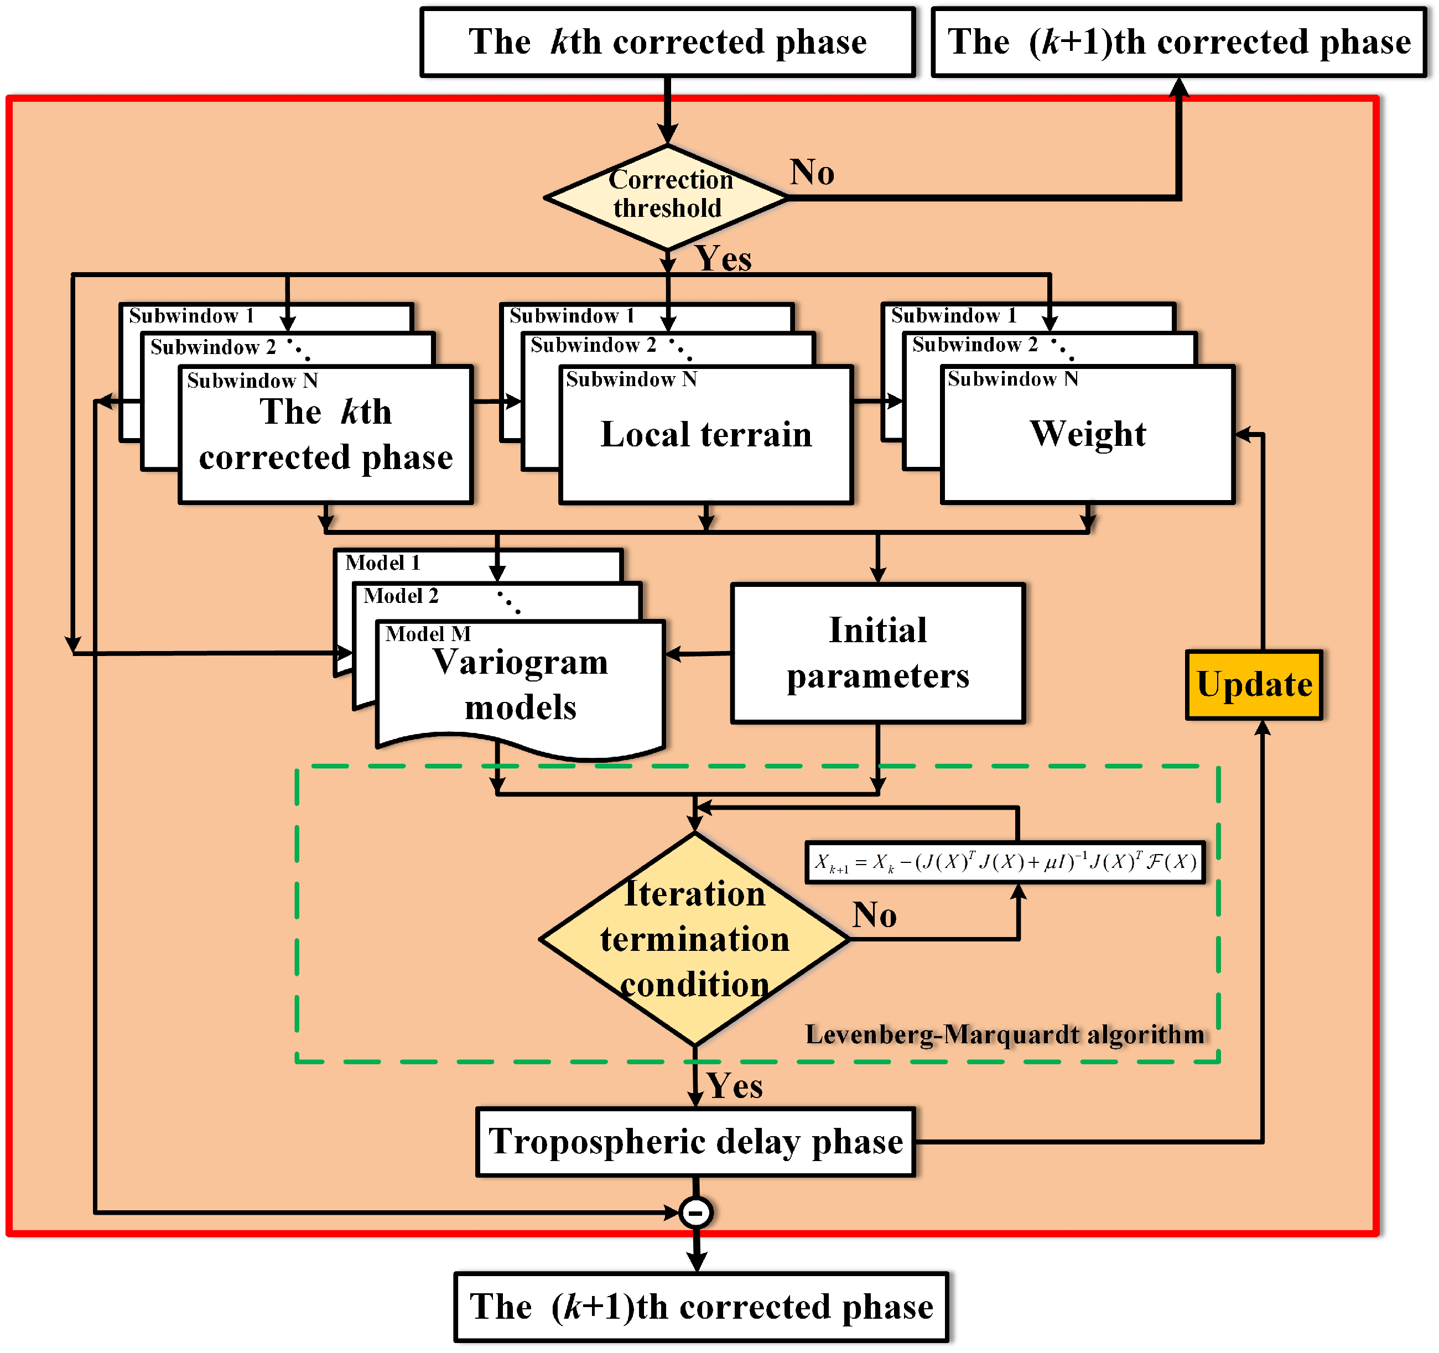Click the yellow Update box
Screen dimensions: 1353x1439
[x=1254, y=684]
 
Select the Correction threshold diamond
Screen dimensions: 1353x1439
[x=667, y=195]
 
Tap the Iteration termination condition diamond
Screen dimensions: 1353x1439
[x=694, y=939]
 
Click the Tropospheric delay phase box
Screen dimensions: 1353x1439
[x=695, y=1142]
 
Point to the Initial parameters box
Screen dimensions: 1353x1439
[x=877, y=653]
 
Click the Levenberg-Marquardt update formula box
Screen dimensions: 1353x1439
[x=1005, y=862]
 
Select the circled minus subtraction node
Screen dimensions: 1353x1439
[x=695, y=1213]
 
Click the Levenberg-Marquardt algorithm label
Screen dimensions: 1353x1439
[x=1005, y=1034]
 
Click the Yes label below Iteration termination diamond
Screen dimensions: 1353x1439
[x=735, y=1086]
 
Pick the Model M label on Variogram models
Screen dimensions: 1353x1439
[x=428, y=634]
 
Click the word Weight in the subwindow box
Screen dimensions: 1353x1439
[x=1087, y=434]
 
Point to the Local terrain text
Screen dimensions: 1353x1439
[x=706, y=435]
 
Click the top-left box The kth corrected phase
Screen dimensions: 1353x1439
[x=667, y=42]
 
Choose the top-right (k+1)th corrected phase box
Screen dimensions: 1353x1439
[x=1178, y=42]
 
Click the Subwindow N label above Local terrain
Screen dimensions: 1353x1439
[x=631, y=379]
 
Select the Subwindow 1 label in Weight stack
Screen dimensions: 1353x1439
[x=953, y=315]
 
